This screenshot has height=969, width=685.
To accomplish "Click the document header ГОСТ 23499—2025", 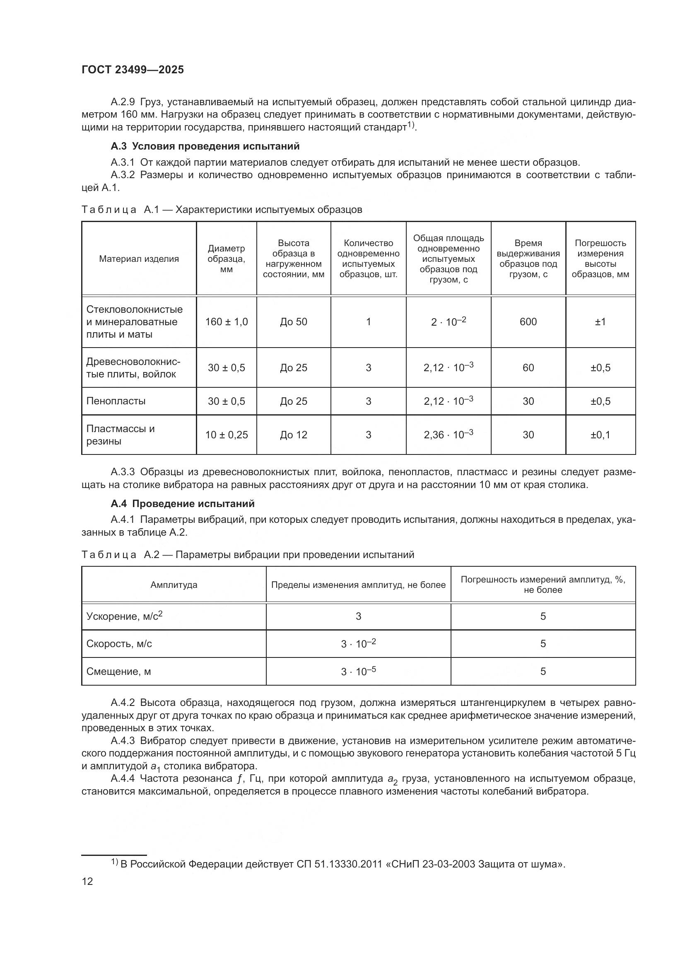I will click(x=133, y=70).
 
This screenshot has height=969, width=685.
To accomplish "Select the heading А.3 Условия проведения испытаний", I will click(x=205, y=146).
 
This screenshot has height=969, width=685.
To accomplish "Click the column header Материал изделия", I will click(x=139, y=259).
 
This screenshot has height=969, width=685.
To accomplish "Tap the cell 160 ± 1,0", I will click(x=227, y=322).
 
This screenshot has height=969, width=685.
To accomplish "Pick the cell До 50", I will click(x=294, y=322).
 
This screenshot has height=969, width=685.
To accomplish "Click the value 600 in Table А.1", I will click(x=528, y=322).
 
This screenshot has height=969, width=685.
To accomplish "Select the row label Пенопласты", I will click(x=116, y=401).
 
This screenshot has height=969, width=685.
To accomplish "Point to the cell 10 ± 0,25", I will click(x=227, y=435).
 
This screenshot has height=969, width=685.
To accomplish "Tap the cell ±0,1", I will click(x=600, y=435).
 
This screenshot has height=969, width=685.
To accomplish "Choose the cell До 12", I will click(x=294, y=435).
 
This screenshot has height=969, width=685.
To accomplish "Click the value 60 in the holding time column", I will click(x=528, y=367).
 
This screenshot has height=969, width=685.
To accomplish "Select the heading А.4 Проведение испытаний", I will click(x=182, y=503).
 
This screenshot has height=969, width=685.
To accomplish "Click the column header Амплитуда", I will click(x=174, y=585).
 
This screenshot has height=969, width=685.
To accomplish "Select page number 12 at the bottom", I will click(x=87, y=882).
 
